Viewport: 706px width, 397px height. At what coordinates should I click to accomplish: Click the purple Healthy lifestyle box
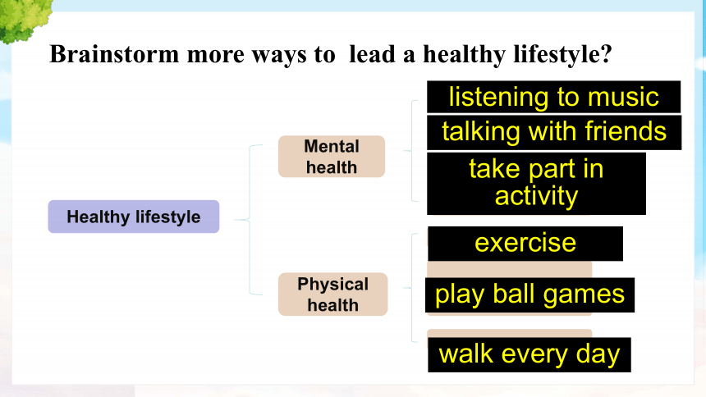click(x=134, y=217)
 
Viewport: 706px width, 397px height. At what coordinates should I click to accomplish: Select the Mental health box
click(x=332, y=156)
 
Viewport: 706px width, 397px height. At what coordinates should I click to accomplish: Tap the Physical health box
click(x=332, y=294)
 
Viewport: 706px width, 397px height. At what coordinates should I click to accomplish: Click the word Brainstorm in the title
click(x=114, y=54)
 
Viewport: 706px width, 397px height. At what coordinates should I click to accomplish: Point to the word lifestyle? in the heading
click(x=563, y=55)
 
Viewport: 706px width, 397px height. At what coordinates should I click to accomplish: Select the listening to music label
click(x=554, y=97)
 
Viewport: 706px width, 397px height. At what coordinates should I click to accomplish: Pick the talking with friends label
click(x=554, y=132)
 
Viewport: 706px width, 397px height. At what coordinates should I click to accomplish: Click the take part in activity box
click(x=536, y=184)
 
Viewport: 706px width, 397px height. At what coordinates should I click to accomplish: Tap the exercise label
click(x=525, y=244)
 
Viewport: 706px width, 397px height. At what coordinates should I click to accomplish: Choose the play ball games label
click(x=530, y=294)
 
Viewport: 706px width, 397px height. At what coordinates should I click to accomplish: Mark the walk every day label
click(x=529, y=354)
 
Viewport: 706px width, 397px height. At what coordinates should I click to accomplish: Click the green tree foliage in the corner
click(x=25, y=19)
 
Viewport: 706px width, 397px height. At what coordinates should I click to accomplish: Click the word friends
click(x=626, y=131)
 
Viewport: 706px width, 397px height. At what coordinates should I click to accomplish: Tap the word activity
click(x=536, y=197)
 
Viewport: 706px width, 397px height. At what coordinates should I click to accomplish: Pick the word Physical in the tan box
click(x=332, y=284)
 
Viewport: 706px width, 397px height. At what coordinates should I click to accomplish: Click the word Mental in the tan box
click(x=332, y=146)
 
